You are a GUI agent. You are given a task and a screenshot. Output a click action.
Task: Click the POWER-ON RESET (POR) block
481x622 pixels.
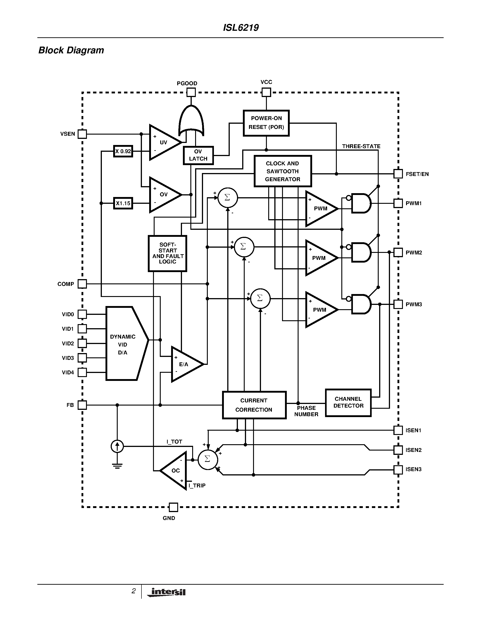[266, 123]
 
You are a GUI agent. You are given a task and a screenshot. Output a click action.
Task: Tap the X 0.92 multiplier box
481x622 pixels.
[123, 151]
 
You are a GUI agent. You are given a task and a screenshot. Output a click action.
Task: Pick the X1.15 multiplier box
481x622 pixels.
[123, 203]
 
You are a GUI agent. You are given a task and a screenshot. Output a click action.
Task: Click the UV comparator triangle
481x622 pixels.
[163, 142]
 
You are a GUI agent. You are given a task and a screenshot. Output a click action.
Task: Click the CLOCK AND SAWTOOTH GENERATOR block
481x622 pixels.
[282, 171]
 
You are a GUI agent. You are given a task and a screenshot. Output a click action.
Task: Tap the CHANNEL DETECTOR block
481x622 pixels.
[348, 403]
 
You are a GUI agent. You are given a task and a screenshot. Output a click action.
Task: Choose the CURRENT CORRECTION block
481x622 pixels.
[254, 405]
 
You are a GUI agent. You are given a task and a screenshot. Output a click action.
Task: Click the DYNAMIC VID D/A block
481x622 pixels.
[124, 344]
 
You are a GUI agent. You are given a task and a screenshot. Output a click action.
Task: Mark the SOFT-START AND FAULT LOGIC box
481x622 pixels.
[168, 253]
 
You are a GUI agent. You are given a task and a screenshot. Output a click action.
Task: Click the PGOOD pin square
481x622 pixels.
[191, 92]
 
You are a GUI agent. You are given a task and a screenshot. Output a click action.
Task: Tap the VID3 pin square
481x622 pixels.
[82, 358]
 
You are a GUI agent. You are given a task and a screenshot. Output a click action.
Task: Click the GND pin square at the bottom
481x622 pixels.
[173, 507]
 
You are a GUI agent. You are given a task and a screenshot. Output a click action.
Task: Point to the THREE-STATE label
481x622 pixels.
[361, 146]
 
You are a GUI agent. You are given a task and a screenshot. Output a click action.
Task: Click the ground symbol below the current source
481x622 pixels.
[117, 466]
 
